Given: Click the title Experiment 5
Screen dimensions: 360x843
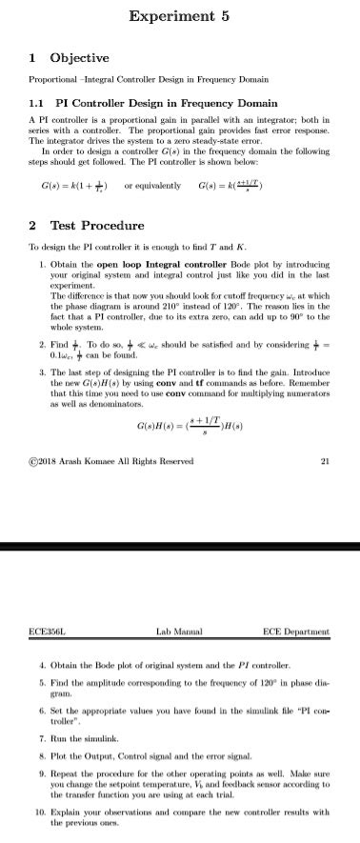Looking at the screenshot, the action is point(179,15).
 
